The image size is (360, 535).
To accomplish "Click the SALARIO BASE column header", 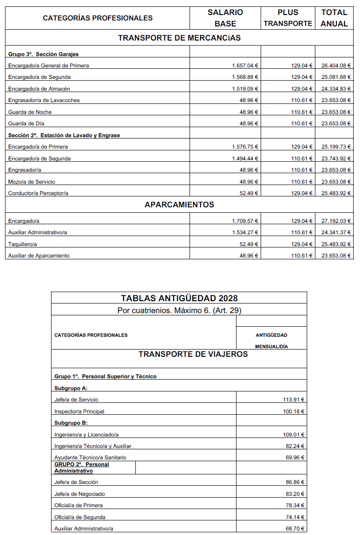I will pos(225,18).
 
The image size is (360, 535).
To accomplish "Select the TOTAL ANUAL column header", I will pos(334,18).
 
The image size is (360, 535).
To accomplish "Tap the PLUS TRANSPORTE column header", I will pos(288,18).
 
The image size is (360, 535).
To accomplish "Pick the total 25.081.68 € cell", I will pos(336,77).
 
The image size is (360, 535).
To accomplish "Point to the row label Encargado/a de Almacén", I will pos(39,89).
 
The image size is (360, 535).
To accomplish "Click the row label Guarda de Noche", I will pos(30,112).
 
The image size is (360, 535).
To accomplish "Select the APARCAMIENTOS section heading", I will pos(179,205).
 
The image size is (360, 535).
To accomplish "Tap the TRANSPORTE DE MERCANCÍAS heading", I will pos(179,38).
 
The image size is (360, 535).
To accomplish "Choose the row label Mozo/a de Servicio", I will pos(31,182).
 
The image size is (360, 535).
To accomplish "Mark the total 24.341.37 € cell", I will pos(336,232).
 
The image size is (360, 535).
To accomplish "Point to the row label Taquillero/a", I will pos(22,244).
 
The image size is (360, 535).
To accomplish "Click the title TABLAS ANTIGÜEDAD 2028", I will pos(179,298).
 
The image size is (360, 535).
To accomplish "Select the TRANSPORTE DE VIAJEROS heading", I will pos(193,354).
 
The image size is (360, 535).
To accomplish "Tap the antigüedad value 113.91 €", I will pos(293,400).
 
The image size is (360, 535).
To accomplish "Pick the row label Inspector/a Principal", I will pos(79,412).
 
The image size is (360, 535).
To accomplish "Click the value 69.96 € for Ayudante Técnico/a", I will pos(295,458).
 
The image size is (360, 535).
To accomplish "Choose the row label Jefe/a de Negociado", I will pos(80,494).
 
